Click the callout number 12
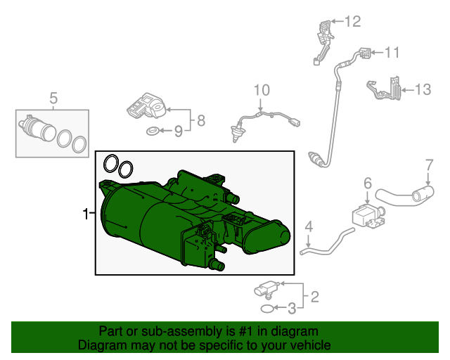tap(352, 22)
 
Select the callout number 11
tap(392, 53)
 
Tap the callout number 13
tap(423, 89)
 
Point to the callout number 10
tap(262, 90)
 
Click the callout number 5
tap(53, 98)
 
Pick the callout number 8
tap(201, 120)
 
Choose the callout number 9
tap(179, 131)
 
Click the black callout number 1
tap(86, 214)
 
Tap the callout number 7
tap(429, 165)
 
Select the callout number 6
tap(368, 184)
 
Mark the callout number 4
tap(309, 226)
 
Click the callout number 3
tap(292, 309)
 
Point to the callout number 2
tap(315, 297)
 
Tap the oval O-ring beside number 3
tap(267, 309)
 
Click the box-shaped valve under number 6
tap(367, 217)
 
